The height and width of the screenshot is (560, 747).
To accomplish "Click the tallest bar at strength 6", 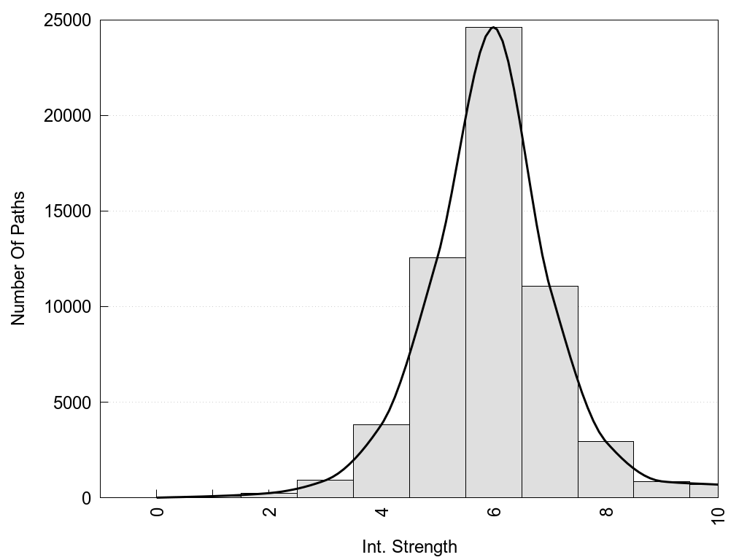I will tap(494, 262).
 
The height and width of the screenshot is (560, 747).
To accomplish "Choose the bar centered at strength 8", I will tap(605, 470).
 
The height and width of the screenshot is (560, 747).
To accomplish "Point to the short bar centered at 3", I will tap(325, 489).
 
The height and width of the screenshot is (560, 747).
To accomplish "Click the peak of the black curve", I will tap(494, 28).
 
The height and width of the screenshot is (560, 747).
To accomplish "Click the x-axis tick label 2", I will tap(270, 512).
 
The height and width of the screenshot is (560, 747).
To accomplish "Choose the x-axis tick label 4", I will tap(382, 512).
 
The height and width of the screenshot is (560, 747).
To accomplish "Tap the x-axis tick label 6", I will tap(495, 512).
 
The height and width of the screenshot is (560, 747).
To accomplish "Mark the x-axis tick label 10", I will tap(719, 515).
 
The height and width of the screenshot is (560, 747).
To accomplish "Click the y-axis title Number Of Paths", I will tap(18, 258).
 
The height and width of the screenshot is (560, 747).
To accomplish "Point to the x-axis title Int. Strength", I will tap(409, 547).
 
